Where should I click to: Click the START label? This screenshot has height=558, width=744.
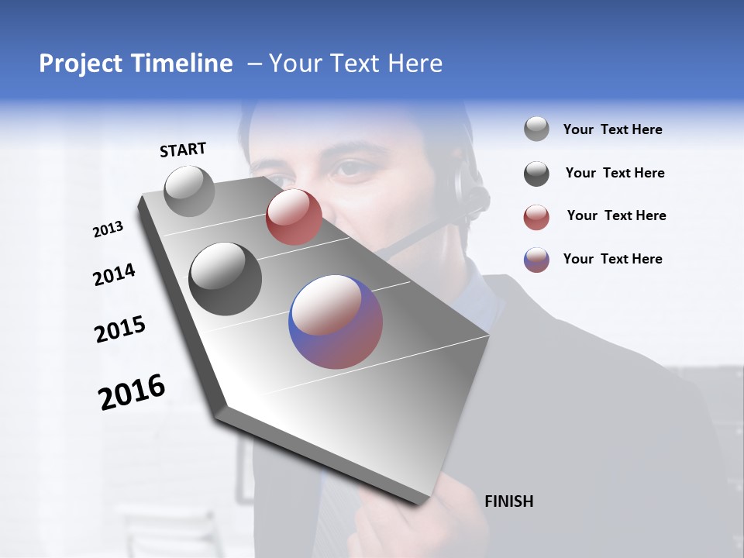[x=183, y=150]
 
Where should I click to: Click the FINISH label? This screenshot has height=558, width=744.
[x=508, y=501]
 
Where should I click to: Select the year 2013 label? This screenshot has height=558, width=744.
[x=108, y=229]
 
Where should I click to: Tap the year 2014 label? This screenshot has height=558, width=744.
[x=114, y=274]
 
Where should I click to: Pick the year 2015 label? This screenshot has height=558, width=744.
[x=119, y=329]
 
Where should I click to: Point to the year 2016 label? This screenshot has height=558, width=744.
[x=132, y=391]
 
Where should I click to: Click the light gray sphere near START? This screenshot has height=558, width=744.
[x=190, y=191]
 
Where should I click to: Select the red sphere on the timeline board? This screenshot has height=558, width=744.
[x=294, y=217]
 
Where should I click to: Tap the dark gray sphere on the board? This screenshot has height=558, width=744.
[x=226, y=278]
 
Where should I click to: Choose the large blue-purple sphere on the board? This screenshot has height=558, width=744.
[x=336, y=321]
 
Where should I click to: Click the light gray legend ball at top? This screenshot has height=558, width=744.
[x=536, y=129]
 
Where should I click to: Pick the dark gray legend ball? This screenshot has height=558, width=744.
[x=536, y=174]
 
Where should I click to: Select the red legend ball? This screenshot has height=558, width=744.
[x=536, y=216]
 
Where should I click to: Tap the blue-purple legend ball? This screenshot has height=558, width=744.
[x=536, y=260]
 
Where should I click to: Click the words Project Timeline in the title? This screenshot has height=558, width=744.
[x=136, y=64]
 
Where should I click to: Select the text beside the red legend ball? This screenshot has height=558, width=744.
[x=616, y=215]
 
